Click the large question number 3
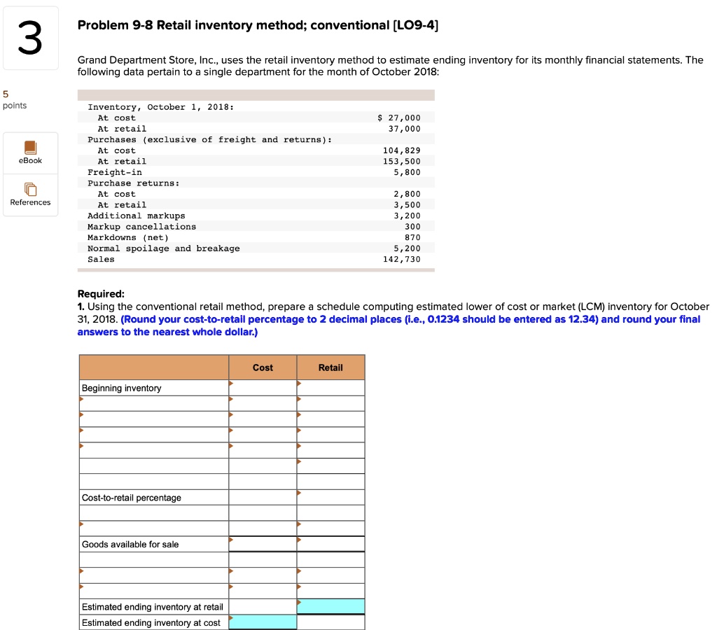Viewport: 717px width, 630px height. (x=29, y=39)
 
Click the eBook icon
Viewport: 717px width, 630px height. (x=30, y=148)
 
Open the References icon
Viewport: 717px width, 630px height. (x=30, y=190)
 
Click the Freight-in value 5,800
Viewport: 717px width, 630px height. (x=407, y=171)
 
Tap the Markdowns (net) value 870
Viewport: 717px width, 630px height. (x=412, y=237)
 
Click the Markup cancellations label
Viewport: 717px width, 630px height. (x=141, y=226)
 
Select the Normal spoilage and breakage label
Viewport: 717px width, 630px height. (x=163, y=248)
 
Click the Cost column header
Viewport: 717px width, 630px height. (x=263, y=367)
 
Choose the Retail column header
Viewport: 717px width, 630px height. (x=330, y=367)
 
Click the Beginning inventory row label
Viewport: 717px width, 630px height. (x=121, y=388)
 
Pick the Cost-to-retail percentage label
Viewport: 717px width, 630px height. (x=131, y=498)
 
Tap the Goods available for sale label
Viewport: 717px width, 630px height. (x=130, y=544)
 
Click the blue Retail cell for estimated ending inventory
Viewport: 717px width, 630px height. (x=330, y=606)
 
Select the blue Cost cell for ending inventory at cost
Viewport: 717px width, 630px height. (x=263, y=622)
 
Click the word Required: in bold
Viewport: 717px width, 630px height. (x=101, y=294)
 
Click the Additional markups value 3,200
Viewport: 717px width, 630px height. (x=407, y=216)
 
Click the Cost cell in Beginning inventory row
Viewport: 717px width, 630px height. (x=263, y=388)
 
